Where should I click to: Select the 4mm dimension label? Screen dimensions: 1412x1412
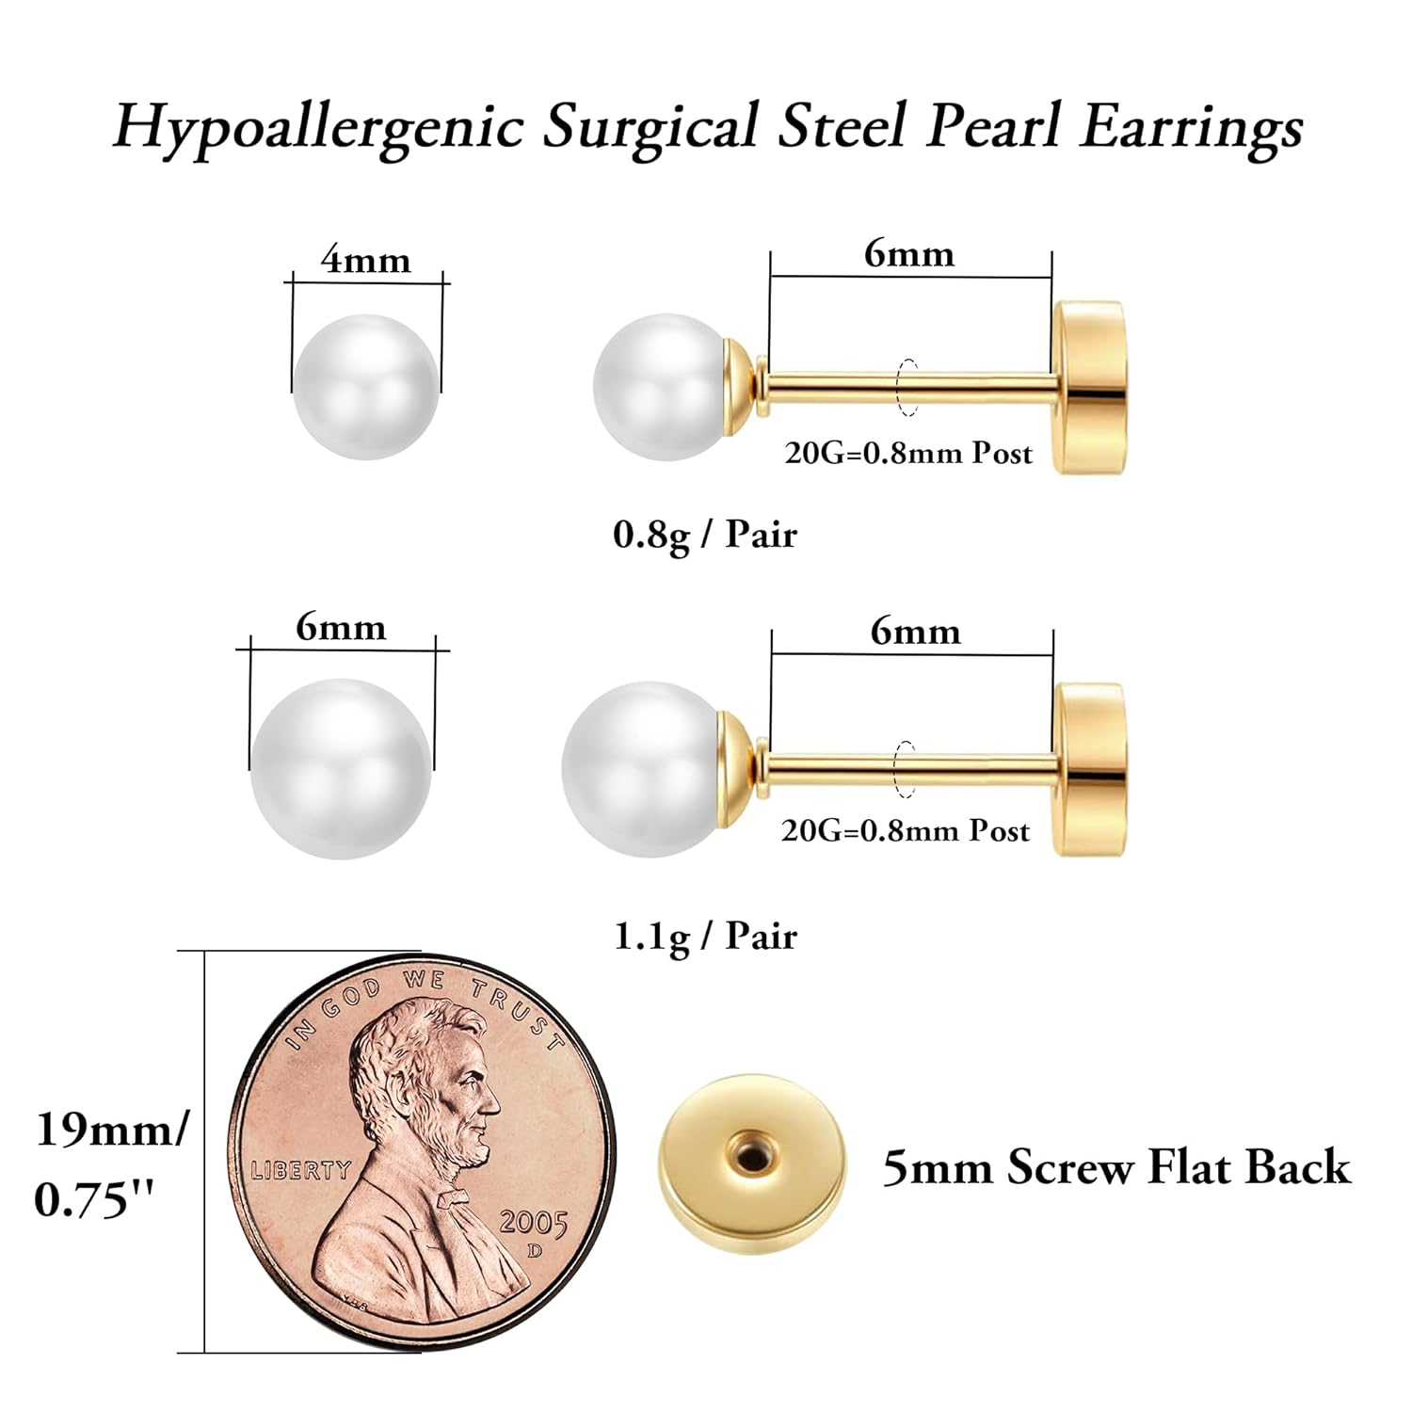click(x=366, y=260)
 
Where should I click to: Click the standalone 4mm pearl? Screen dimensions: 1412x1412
click(x=366, y=386)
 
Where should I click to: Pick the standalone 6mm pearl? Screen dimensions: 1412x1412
click(x=341, y=768)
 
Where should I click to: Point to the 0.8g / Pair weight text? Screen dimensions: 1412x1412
click(x=705, y=535)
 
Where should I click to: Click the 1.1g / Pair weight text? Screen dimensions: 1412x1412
click(x=705, y=936)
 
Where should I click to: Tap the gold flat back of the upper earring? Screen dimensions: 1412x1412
click(x=1090, y=386)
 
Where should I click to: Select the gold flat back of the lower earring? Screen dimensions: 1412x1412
click(x=1090, y=769)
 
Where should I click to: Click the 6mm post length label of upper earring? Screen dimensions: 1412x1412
click(x=909, y=253)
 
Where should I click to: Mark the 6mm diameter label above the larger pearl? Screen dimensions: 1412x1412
click(x=341, y=627)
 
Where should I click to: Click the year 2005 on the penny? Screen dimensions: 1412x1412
click(x=534, y=1223)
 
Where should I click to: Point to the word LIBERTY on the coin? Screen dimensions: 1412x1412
click(x=300, y=1170)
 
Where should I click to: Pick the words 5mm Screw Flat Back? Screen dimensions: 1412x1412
click(x=1116, y=1167)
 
